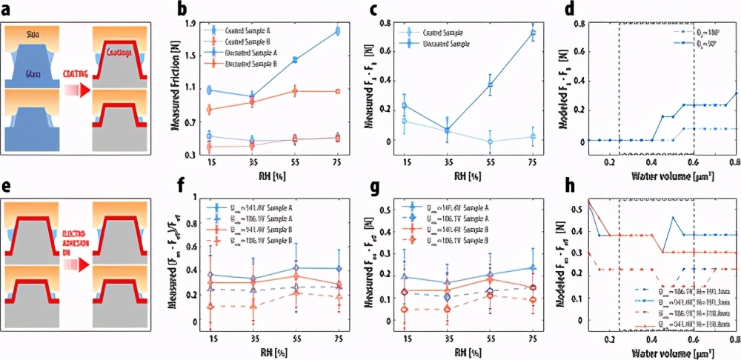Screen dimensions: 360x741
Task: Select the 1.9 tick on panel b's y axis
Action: [x=190, y=24]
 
